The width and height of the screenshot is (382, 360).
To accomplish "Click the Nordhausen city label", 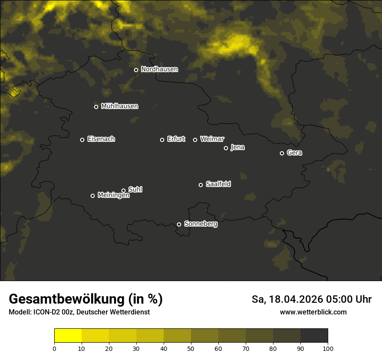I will (159, 69).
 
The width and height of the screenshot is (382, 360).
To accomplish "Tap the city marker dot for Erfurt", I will (162, 140).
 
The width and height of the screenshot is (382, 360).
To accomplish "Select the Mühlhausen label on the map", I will (119, 106).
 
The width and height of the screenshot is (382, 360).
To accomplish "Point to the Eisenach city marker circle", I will (82, 140).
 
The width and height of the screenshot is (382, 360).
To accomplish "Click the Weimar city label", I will (212, 139).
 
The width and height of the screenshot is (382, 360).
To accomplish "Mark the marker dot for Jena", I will (226, 148).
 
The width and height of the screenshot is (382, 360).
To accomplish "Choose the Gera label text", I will (294, 153).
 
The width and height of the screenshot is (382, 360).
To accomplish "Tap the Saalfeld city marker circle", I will (201, 185).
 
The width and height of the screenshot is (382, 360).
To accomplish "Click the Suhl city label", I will (135, 190).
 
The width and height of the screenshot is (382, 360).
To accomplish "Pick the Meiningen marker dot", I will (92, 196).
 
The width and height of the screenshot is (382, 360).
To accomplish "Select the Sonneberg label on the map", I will (201, 224).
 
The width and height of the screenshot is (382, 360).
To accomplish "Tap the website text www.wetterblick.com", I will (313, 312).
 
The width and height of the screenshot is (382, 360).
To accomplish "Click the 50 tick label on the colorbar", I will (191, 348).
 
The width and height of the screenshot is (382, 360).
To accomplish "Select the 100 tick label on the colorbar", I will (328, 348).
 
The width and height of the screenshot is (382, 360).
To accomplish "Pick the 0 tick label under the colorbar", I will (54, 348).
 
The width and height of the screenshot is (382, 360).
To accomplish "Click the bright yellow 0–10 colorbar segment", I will (68, 336).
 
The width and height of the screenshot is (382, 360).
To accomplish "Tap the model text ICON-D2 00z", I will (54, 312).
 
